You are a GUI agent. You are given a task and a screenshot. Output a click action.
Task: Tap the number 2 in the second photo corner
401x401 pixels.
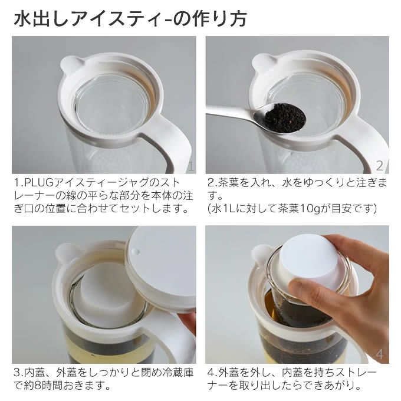(380, 166)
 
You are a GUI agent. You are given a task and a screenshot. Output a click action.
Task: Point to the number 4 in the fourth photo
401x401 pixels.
(380, 355)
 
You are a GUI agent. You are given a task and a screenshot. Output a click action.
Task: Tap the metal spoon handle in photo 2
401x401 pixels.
(230, 111)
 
